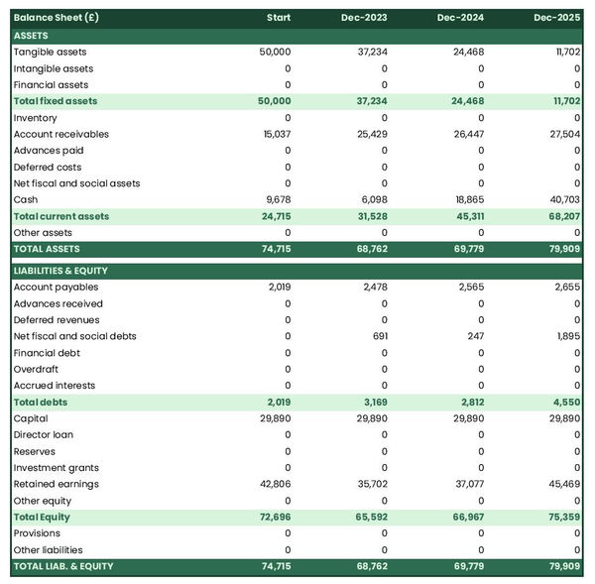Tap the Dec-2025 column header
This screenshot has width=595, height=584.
click(556, 19)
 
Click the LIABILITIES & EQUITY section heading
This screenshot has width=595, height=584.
click(60, 271)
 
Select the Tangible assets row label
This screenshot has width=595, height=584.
click(50, 52)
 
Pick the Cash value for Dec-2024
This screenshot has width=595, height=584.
click(466, 199)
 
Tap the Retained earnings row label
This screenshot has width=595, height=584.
click(57, 484)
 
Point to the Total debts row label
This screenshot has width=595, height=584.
click(41, 402)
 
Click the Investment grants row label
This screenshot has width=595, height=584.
click(57, 467)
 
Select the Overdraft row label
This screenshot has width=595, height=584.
click(37, 369)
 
